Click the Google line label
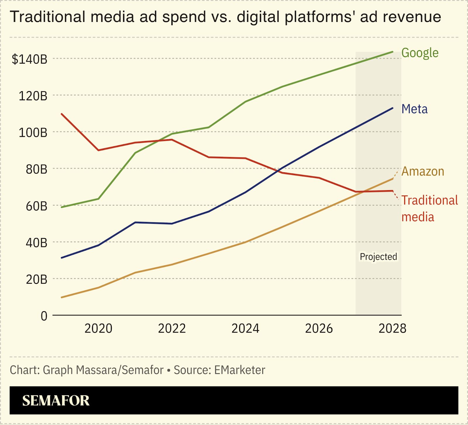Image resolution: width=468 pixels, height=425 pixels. click(x=420, y=53)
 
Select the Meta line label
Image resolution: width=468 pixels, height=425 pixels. click(x=414, y=109)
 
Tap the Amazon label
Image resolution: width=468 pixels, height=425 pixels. click(x=423, y=171)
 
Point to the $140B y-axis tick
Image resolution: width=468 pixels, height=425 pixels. click(x=29, y=59)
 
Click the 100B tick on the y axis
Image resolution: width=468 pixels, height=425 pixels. click(x=33, y=133)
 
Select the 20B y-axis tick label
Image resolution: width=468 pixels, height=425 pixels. click(x=36, y=280)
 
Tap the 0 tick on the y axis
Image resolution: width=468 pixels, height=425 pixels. click(x=44, y=316)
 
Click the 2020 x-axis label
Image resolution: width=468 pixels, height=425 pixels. click(x=98, y=328)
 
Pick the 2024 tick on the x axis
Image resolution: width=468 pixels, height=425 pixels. click(x=245, y=328)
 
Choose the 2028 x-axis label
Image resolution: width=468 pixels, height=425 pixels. click(x=392, y=328)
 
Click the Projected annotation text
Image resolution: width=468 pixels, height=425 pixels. click(x=378, y=257)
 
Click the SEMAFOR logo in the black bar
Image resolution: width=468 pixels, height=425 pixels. click(x=56, y=400)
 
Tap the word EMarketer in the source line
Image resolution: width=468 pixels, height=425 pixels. click(x=240, y=370)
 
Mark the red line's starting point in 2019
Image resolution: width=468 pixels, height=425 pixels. click(x=62, y=114)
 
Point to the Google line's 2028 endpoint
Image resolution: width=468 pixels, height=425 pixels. click(x=392, y=52)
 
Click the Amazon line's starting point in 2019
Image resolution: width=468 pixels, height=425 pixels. click(x=62, y=297)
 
